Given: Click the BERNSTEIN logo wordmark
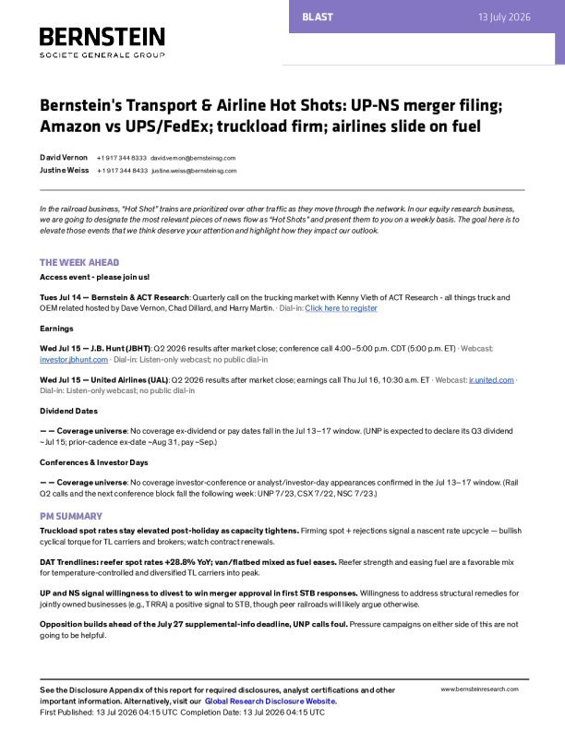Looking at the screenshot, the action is [x=102, y=37].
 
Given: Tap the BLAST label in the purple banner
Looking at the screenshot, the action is [x=318, y=18].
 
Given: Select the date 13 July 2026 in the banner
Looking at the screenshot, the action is [x=504, y=18].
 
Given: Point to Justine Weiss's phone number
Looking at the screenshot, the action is [x=122, y=171].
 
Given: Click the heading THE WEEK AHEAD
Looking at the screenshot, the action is [x=79, y=262].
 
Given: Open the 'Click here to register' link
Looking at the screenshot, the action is [x=342, y=308].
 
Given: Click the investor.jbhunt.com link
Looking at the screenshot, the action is [x=74, y=360].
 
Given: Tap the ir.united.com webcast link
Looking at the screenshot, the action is [x=491, y=380].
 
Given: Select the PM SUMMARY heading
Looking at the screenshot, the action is [x=71, y=516].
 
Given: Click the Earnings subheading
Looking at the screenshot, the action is [x=56, y=329].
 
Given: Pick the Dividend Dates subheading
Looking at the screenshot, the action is [x=68, y=412].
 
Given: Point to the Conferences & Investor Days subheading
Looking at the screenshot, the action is [x=93, y=462].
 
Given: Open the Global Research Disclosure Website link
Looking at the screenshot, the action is [x=270, y=701].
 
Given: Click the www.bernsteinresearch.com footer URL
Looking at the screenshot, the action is [x=480, y=689].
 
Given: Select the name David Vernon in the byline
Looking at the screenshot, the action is [x=64, y=158].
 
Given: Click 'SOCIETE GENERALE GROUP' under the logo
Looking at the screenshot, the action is [x=102, y=55].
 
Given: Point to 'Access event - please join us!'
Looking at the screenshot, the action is [x=95, y=277].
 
